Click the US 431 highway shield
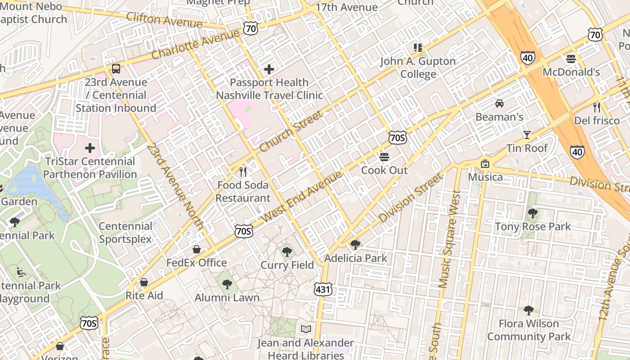point(324,290)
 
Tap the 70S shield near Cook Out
point(398,138)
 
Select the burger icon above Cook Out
point(384,157)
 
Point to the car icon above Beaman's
point(499,103)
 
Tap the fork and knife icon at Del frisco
point(597,107)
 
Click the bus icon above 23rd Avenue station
point(116,69)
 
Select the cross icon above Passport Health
point(269,69)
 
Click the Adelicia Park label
point(355,258)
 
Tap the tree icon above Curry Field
point(287,252)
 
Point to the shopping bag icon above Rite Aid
point(144,282)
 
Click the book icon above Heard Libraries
point(306,329)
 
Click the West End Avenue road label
point(301,196)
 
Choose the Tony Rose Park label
point(533,226)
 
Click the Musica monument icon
point(485,164)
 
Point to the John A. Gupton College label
point(418,67)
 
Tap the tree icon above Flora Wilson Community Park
point(529,310)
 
